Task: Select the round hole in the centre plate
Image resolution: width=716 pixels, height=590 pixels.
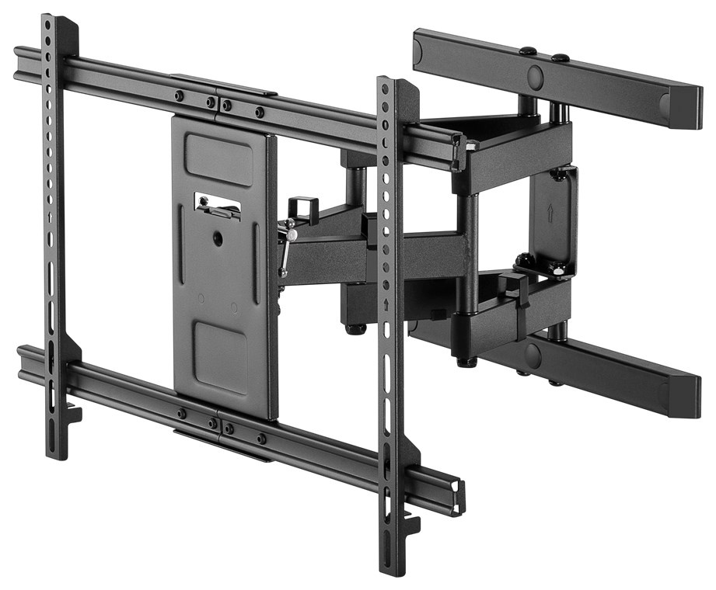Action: click(x=218, y=238)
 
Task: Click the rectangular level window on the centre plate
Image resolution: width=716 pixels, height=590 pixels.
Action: click(x=217, y=206)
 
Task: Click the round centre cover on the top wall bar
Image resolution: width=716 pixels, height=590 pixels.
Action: click(x=536, y=76)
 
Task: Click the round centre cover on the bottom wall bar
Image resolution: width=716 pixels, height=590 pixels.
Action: click(x=533, y=356)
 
